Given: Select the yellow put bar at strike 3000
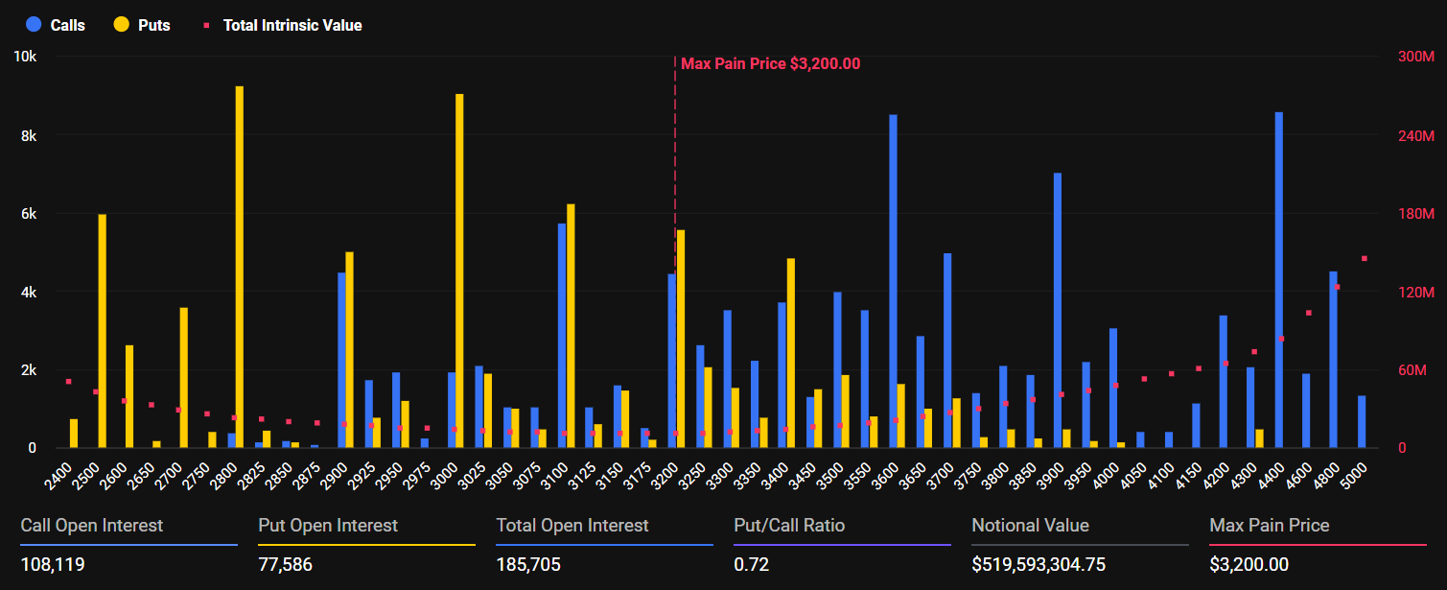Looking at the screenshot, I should (459, 271).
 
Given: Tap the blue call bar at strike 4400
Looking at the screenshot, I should (1278, 280).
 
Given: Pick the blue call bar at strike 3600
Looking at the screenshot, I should (893, 281).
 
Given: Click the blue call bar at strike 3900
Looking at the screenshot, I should (1058, 310).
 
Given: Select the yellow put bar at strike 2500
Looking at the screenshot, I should (102, 331).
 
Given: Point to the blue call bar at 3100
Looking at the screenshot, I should (562, 336).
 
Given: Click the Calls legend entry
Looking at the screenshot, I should (57, 25).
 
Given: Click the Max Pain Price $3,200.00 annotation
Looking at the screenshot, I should (770, 64).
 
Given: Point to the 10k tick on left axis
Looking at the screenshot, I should (25, 57).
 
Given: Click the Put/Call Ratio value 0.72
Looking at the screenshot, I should (751, 565).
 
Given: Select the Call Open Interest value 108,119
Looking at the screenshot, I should (53, 565).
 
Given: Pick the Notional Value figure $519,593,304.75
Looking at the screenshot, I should (1039, 565).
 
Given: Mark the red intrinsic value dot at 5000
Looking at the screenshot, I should (1364, 258).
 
